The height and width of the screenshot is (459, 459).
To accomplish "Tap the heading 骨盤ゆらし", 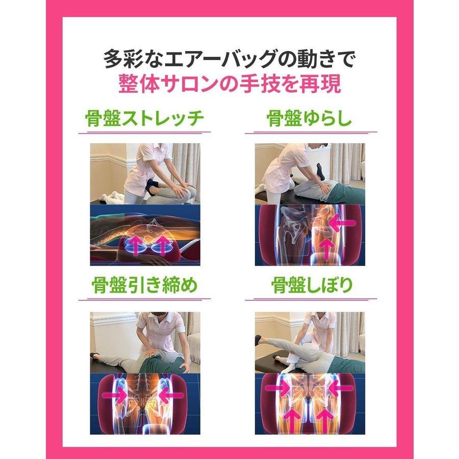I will [x=310, y=119].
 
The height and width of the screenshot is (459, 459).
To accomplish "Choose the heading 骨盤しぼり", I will [x=310, y=284].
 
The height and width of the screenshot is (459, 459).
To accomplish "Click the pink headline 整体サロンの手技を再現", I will [x=229, y=83].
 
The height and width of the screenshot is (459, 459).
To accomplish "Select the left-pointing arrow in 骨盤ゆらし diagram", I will [x=341, y=223].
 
